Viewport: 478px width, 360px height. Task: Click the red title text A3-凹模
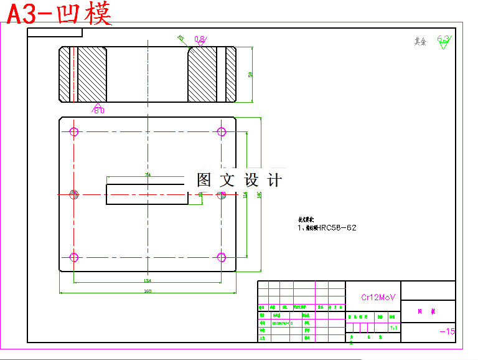(60, 14)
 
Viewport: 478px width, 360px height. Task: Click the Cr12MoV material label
(378, 297)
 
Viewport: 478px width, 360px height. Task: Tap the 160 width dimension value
(148, 291)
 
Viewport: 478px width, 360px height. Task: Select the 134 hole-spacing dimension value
(148, 280)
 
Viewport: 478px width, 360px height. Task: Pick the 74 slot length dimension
(148, 175)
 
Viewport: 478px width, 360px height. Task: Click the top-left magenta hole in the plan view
(74, 131)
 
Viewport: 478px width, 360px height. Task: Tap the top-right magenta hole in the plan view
(221, 131)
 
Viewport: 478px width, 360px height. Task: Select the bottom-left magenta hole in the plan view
(74, 257)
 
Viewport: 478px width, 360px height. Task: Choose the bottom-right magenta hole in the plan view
(221, 257)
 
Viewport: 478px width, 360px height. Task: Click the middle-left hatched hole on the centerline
(74, 194)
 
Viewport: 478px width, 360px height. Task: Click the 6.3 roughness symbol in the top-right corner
(443, 41)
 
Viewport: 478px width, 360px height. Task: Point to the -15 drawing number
(447, 331)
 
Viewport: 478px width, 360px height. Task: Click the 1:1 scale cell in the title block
(393, 327)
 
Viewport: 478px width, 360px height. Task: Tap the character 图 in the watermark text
(205, 181)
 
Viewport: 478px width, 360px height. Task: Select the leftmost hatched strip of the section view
(64, 75)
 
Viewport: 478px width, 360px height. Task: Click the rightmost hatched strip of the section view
(230, 75)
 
